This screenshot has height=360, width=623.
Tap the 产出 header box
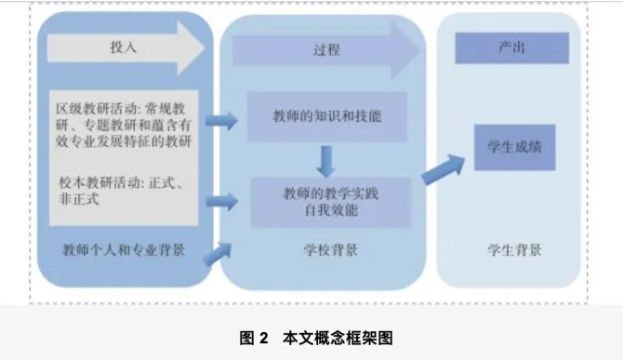[511, 47]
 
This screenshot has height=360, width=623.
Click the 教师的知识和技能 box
[326, 116]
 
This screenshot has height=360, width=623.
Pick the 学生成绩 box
[514, 148]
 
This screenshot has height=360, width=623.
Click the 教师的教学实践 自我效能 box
[330, 202]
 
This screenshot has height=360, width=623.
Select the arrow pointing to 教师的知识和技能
[222, 119]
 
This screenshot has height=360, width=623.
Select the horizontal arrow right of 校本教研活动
[222, 198]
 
